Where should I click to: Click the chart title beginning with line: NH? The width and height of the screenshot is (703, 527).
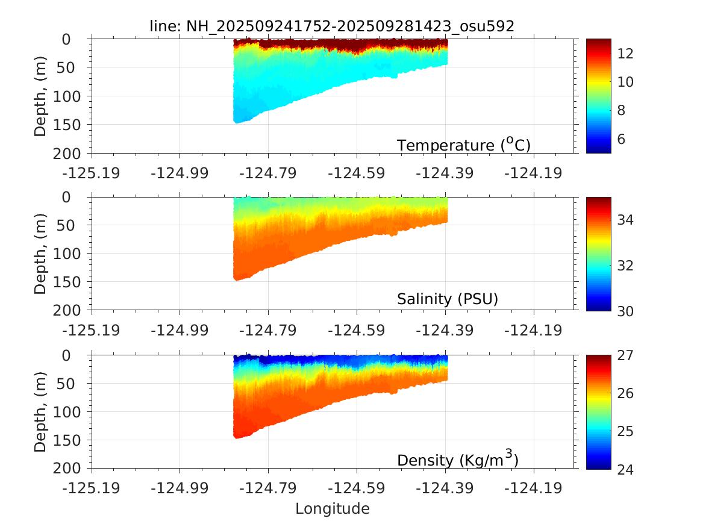point(331,25)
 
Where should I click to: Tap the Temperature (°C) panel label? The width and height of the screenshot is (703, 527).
point(463,145)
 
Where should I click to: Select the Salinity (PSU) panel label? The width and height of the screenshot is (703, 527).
point(448,299)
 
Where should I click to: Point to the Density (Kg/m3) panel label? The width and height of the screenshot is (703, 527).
point(458,460)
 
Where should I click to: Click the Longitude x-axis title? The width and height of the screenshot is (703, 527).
point(332,509)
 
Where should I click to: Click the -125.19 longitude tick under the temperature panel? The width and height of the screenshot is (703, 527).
point(92,173)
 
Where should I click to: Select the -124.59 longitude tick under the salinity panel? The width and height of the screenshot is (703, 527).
point(357,331)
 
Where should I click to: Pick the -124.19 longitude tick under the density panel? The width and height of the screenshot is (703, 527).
point(533,488)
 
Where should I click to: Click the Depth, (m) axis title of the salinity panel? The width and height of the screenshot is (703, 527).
point(40,254)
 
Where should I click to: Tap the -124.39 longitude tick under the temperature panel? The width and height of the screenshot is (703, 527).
point(445,173)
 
